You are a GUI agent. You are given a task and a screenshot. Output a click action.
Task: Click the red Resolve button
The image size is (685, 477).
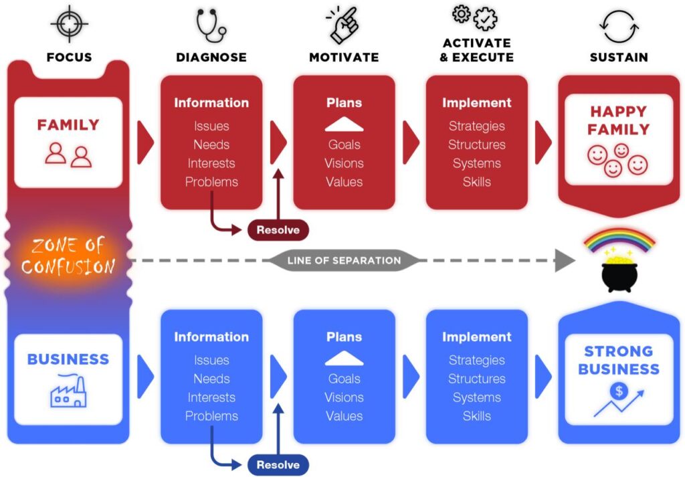pos(278,230)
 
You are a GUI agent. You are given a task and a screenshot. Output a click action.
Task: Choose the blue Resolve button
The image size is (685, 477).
pos(278,464)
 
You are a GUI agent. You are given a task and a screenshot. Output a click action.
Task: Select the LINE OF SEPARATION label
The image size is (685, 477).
pos(344,260)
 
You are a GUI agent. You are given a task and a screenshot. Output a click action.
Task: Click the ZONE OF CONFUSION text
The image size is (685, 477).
pos(68,256)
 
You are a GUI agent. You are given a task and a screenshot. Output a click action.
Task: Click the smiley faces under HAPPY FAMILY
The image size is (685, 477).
pos(617,160)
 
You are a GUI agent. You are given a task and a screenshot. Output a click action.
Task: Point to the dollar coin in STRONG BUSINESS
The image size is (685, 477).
pos(617,391)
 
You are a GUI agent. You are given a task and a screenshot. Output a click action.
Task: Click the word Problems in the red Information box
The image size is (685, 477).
pos(211,181)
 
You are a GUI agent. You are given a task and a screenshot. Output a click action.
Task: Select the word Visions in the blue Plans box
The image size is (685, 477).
pos(344,397)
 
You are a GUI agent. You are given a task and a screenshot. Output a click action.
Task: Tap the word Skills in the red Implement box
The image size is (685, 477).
pos(476,181)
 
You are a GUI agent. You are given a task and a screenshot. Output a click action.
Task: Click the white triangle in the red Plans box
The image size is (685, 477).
pos(344,124)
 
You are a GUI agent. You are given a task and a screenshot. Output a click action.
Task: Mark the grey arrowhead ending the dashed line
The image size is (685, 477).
pos(565,260)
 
